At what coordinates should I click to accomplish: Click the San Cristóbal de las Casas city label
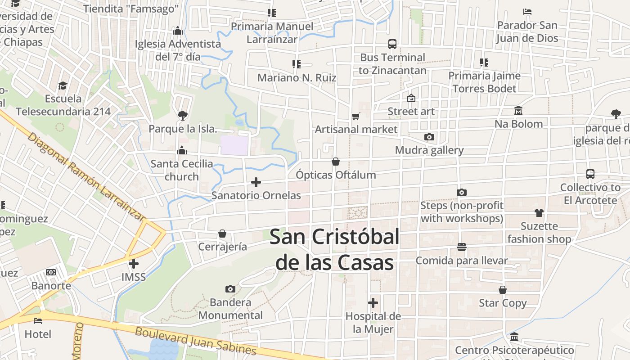(334, 249)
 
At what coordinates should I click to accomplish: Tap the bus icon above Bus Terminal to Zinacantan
(392, 44)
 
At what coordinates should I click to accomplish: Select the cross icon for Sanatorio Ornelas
(256, 182)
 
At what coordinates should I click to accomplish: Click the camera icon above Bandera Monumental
(230, 289)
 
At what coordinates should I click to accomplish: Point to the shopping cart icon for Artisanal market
(356, 117)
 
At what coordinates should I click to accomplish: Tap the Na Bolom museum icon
(518, 111)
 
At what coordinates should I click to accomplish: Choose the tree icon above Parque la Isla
(182, 116)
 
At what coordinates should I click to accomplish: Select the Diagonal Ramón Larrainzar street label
(85, 176)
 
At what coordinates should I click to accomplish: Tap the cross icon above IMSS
(134, 264)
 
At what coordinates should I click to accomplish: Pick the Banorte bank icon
(51, 272)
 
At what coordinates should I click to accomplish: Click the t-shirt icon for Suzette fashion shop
(539, 213)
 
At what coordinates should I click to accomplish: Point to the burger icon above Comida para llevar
(462, 247)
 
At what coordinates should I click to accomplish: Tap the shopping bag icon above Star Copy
(503, 290)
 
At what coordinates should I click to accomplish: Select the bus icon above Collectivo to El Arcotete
(590, 174)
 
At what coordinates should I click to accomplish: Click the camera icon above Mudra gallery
(429, 137)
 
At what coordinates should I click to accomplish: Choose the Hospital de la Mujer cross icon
(373, 303)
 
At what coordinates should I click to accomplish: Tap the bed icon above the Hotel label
(38, 321)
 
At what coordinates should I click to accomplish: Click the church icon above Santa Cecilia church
(182, 150)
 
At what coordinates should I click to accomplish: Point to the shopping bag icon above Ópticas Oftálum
(336, 162)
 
